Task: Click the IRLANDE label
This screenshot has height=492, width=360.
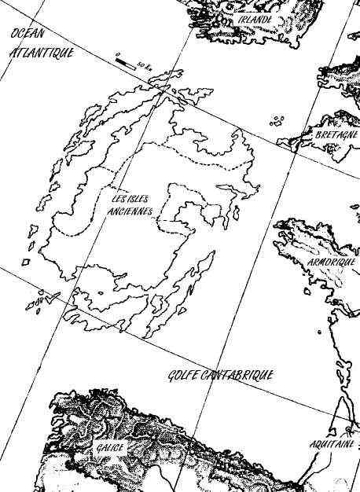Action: click(x=255, y=19)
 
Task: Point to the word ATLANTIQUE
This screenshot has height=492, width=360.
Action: click(x=42, y=54)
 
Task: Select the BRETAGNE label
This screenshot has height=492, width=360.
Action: click(x=336, y=135)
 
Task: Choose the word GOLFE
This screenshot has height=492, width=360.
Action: click(x=183, y=376)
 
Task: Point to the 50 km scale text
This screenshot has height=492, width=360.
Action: click(x=143, y=64)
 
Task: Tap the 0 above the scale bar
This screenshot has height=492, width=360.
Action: click(x=116, y=54)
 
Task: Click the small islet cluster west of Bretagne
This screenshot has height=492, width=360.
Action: click(x=276, y=121)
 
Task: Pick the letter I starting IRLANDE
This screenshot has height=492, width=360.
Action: click(x=240, y=19)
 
